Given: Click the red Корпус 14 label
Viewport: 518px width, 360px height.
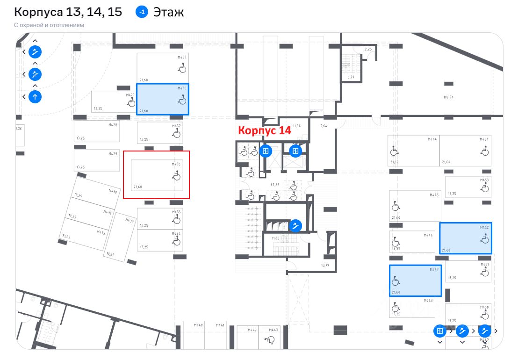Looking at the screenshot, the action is pyautogui.click(x=265, y=130).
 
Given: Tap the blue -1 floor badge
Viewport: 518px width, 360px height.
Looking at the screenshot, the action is pyautogui.click(x=142, y=12).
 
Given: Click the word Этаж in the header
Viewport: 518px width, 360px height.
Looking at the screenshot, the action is pyautogui.click(x=168, y=12).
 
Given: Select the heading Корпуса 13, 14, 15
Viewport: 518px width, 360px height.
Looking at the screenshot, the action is pyautogui.click(x=68, y=12).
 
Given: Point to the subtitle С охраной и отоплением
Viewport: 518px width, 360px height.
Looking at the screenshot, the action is pyautogui.click(x=49, y=25).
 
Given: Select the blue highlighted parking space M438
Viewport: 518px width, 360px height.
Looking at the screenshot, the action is pyautogui.click(x=163, y=99).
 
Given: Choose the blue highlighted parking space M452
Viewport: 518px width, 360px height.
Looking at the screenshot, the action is pyautogui.click(x=465, y=238).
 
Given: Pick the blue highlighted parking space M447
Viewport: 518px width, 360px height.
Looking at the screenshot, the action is pyautogui.click(x=415, y=281).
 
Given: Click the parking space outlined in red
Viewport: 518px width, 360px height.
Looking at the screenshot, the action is pyautogui.click(x=156, y=174).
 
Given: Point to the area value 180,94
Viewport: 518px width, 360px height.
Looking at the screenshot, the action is pyautogui.click(x=448, y=97).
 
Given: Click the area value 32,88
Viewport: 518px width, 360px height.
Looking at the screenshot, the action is pyautogui.click(x=275, y=185).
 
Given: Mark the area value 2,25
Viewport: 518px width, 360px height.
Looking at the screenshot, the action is pyautogui.click(x=368, y=49).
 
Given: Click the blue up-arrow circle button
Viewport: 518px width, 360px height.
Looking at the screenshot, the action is pyautogui.click(x=35, y=97).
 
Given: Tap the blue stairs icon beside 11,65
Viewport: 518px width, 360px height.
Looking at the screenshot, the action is pyautogui.click(x=295, y=226).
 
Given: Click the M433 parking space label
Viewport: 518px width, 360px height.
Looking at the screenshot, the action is pyautogui.click(x=129, y=221).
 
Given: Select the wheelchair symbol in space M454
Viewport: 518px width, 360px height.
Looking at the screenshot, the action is pyautogui.click(x=484, y=151).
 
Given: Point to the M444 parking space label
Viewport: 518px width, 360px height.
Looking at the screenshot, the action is pyautogui.click(x=432, y=139).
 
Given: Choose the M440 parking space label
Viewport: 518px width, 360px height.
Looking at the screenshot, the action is pyautogui.click(x=198, y=324).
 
